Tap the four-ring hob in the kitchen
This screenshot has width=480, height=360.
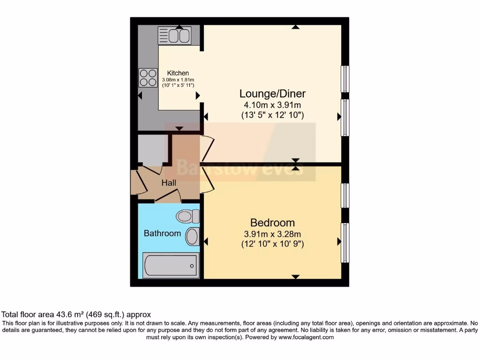pyautogui.click(x=148, y=78)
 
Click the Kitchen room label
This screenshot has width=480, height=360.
pyautogui.click(x=178, y=73)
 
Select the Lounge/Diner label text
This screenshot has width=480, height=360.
pyautogui.click(x=272, y=93)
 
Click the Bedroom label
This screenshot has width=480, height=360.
pyautogui.click(x=272, y=223)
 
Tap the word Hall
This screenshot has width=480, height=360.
pyautogui.click(x=169, y=183)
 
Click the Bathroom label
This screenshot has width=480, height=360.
pyautogui.click(x=162, y=233)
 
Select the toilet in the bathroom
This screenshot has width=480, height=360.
pyautogui.click(x=187, y=216)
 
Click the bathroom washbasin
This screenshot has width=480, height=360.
pyautogui.click(x=192, y=236)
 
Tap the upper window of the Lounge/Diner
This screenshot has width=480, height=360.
pyautogui.click(x=345, y=79)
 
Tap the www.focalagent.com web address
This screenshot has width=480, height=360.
pyautogui.click(x=306, y=337)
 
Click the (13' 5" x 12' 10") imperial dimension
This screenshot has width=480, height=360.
pyautogui.click(x=272, y=114)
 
